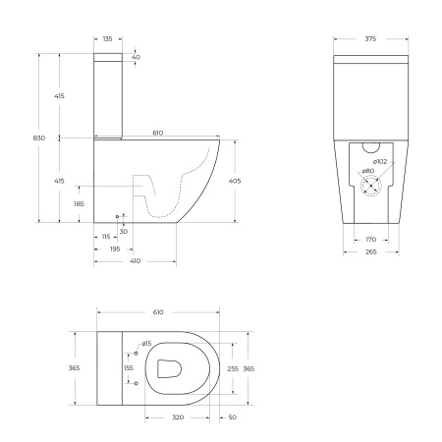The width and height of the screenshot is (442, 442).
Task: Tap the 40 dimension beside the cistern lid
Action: pos(135,58)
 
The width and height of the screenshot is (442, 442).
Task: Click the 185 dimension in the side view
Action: pos(79,204)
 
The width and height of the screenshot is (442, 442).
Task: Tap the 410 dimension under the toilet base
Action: pos(135,262)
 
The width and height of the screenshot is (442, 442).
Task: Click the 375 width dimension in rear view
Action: pos(370,38)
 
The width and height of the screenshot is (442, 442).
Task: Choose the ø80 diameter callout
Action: pos(367,172)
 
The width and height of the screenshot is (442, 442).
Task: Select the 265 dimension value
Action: pos(369,250)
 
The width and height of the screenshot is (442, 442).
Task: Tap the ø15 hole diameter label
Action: pos(145,343)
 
